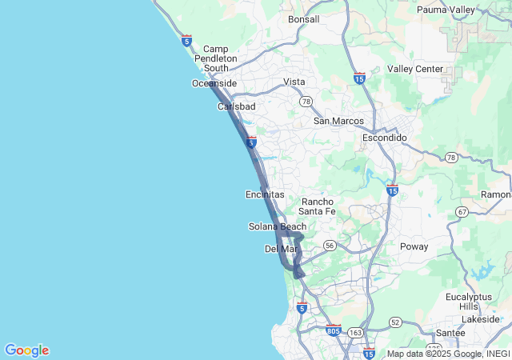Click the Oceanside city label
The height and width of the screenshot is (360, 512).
tap(214, 83)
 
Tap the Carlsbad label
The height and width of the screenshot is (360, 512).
tap(237, 106)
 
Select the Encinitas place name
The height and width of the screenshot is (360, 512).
tap(265, 194)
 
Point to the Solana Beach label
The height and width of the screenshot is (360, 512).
tap(278, 226)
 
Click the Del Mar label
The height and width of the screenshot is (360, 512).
tap(281, 249)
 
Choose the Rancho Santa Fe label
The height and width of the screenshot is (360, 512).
tap(318, 206)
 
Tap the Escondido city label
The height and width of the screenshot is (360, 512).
tap(385, 138)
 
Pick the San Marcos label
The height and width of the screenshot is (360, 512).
tap(338, 121)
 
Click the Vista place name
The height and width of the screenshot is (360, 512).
tap(294, 82)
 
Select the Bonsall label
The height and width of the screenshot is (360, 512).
tap(303, 19)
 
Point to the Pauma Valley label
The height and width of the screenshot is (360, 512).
tap(446, 10)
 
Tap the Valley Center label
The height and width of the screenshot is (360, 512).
tap(415, 69)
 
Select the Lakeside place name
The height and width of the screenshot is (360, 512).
tap(480, 319)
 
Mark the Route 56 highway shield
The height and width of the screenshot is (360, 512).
tap(330, 246)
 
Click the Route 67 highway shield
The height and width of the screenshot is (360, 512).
tap(462, 211)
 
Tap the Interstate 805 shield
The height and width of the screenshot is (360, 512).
tap(334, 330)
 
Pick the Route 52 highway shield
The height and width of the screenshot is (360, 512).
tap(394, 321)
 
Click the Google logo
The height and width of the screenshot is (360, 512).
tap(26, 350)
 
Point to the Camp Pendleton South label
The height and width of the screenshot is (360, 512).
tap(216, 58)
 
